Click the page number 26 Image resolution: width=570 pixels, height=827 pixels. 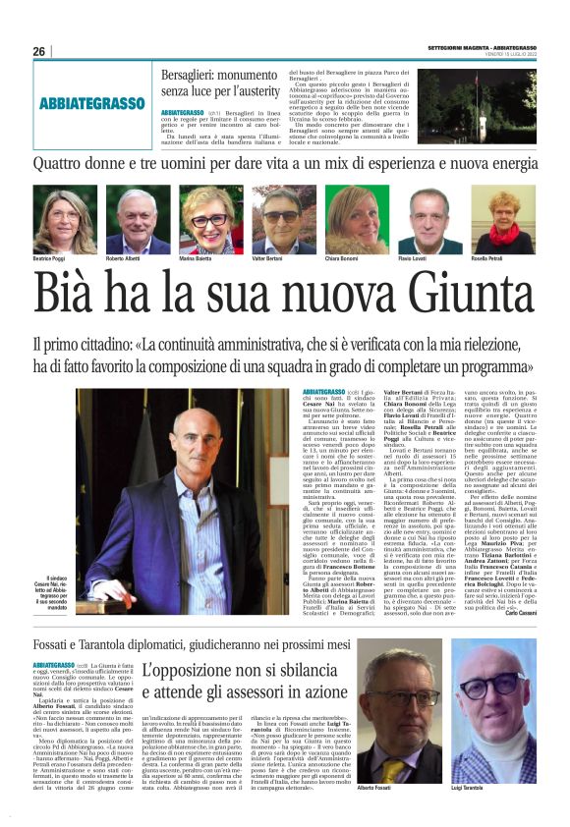[38, 51]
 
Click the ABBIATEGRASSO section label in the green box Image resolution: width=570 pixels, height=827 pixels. [92, 103]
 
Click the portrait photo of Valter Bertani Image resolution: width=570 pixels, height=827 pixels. [282, 220]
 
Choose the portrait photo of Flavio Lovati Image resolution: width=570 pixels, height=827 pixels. [428, 220]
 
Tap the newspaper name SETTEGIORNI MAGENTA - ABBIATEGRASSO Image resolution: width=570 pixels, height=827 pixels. [479, 46]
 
